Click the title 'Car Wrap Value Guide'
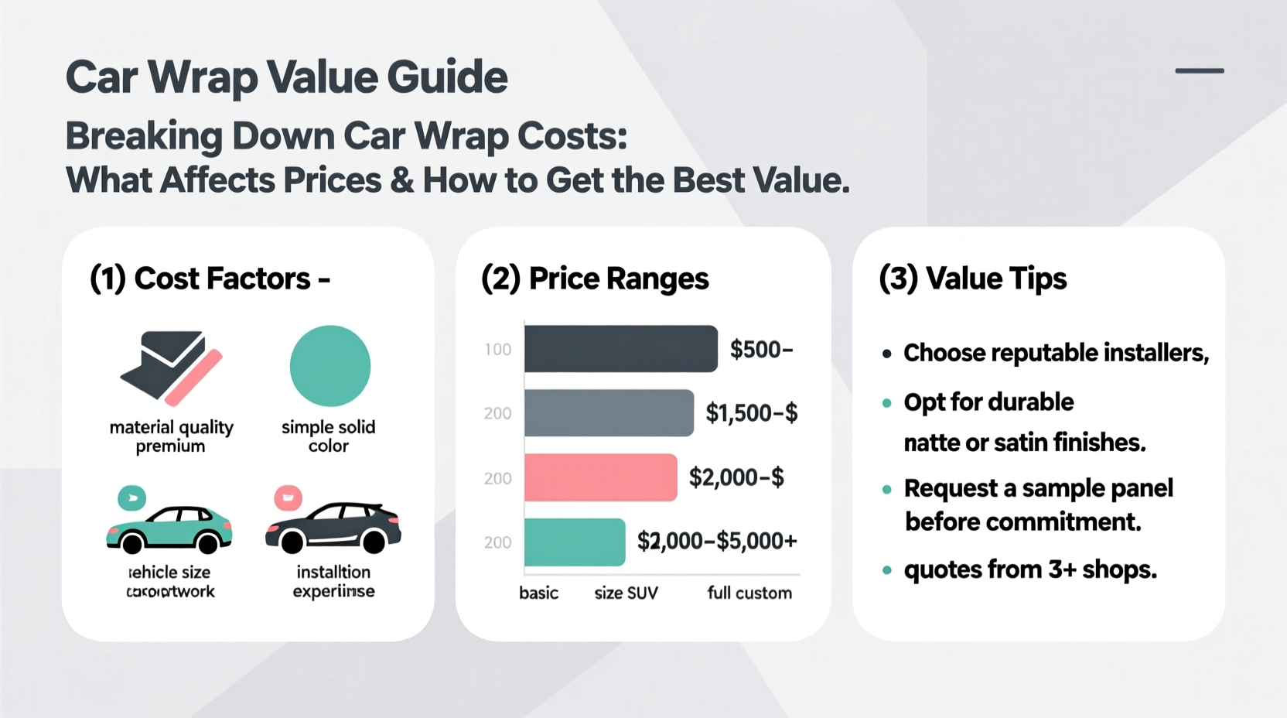(x=286, y=77)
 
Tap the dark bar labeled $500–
(x=620, y=349)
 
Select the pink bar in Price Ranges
(x=600, y=477)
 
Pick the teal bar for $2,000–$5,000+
(x=575, y=542)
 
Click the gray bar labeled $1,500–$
(x=609, y=413)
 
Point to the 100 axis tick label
(x=498, y=350)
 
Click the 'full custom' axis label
(x=749, y=593)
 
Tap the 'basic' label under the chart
(x=538, y=593)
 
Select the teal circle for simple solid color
(x=330, y=366)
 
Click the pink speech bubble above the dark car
(x=288, y=497)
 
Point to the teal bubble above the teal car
(x=131, y=497)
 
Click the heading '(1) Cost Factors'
(x=210, y=279)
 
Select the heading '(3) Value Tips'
(x=973, y=279)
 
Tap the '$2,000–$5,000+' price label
(x=716, y=541)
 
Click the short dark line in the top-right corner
(x=1199, y=71)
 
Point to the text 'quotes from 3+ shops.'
(x=1030, y=570)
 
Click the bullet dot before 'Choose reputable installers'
(x=886, y=354)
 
